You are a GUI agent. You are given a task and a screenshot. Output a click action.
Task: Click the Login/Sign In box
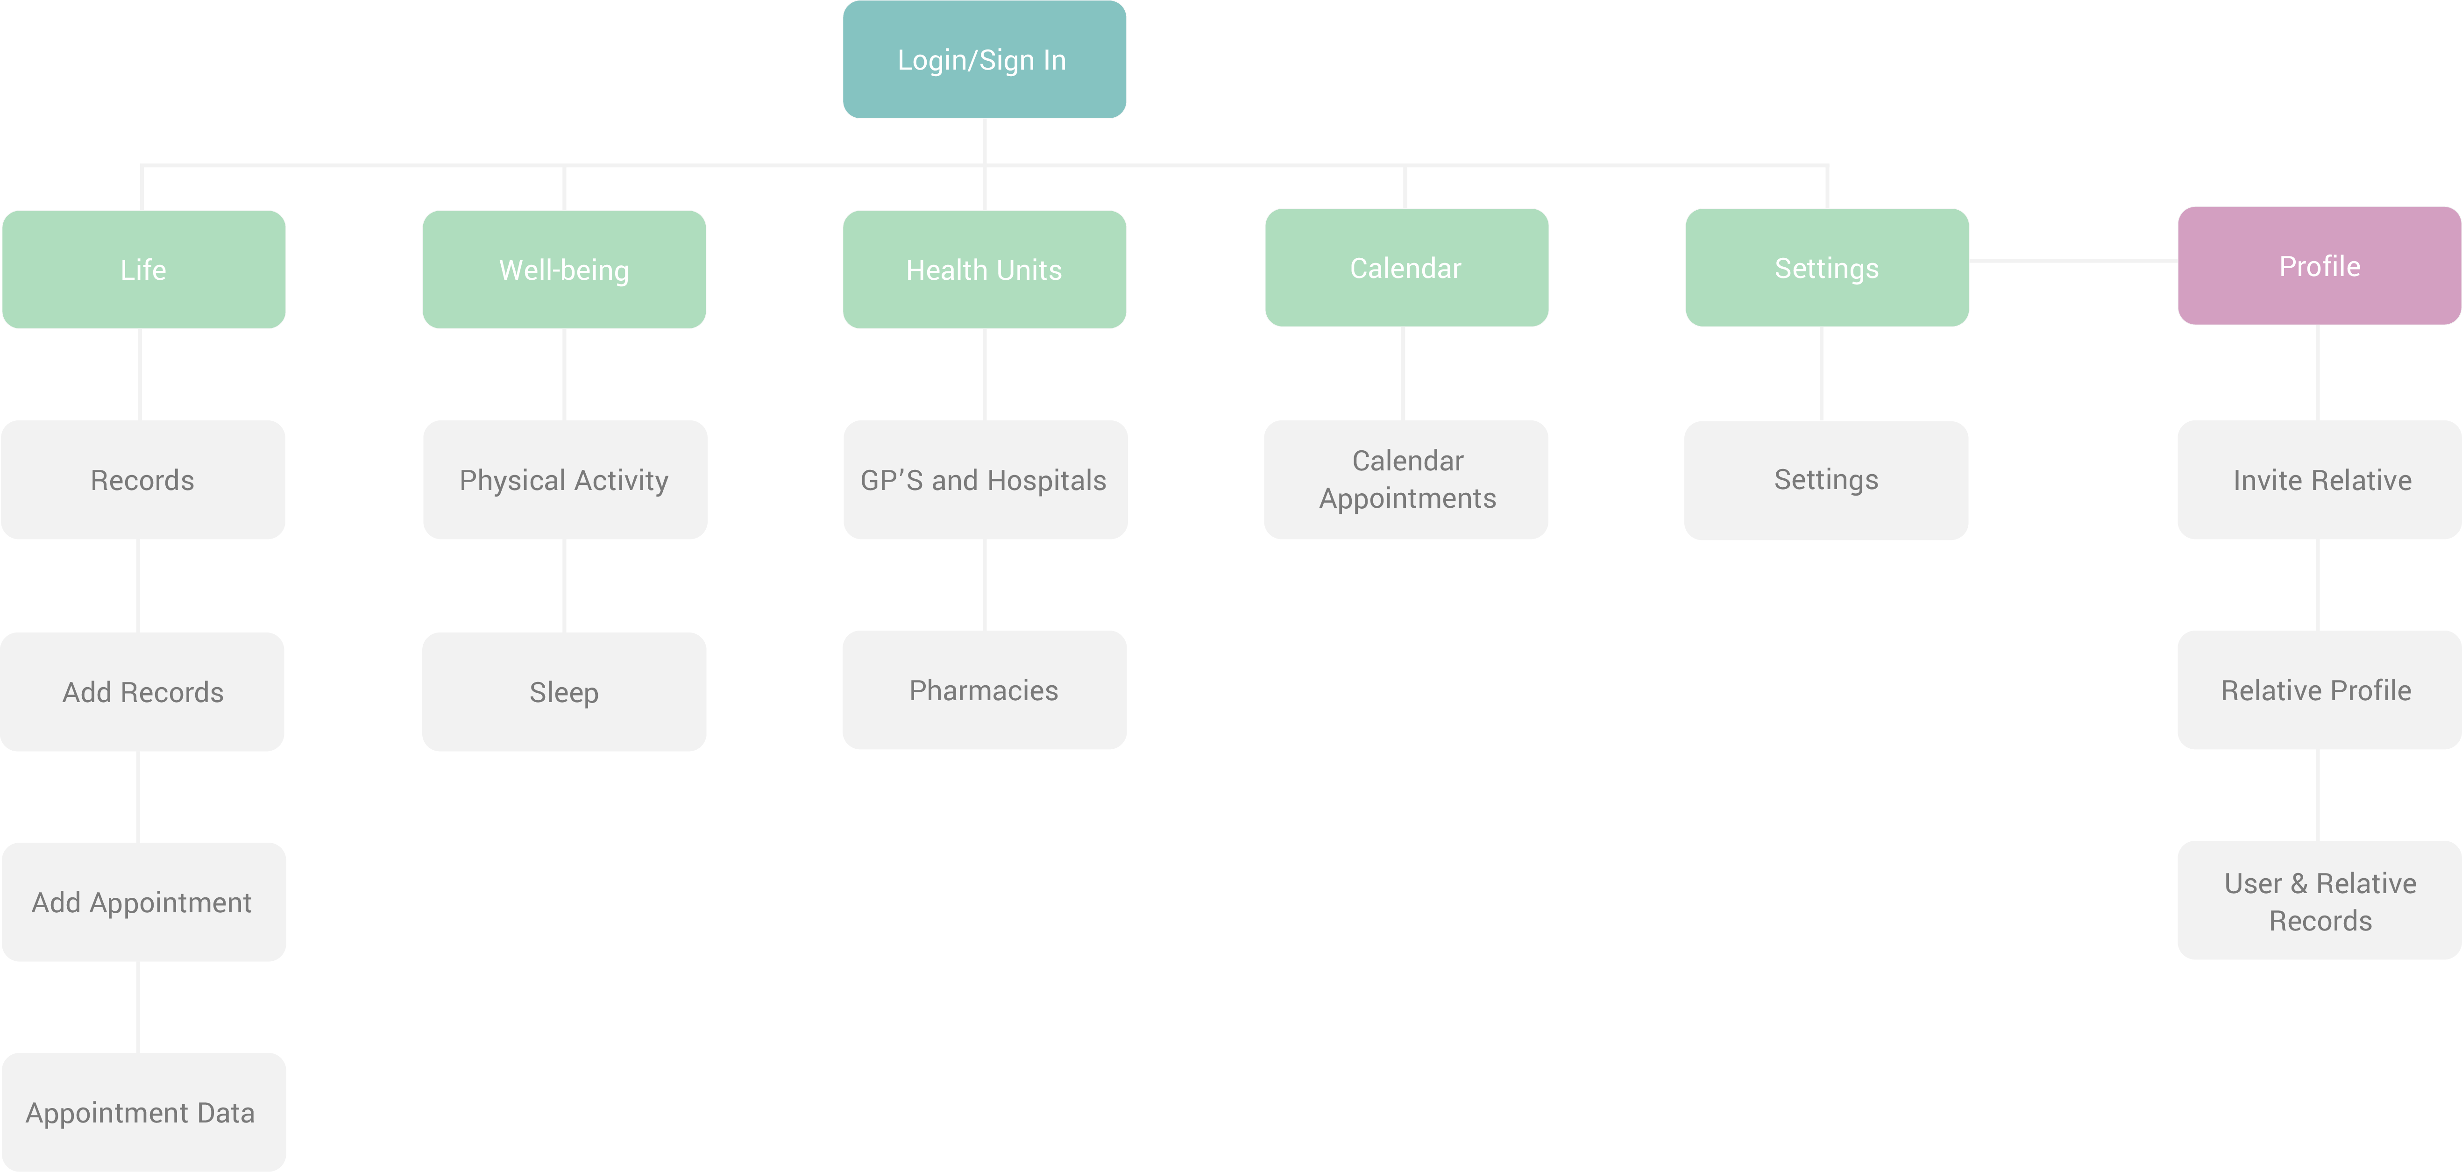(x=984, y=59)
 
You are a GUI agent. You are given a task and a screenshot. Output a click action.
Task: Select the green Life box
(x=143, y=270)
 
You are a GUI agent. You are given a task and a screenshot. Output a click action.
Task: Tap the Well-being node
(x=564, y=270)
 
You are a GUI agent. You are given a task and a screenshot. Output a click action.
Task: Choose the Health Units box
(x=984, y=270)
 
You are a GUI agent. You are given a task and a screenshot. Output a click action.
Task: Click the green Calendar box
(x=1406, y=268)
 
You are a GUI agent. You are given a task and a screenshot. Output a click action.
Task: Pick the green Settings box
(x=1826, y=268)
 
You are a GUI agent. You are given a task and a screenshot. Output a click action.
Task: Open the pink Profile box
(x=2319, y=266)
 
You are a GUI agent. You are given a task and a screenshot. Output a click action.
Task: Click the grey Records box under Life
(x=142, y=480)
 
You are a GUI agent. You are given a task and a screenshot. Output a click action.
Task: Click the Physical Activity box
(x=564, y=480)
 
